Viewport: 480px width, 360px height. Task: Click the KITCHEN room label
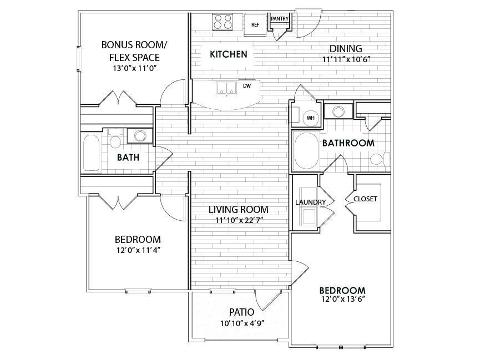[x=229, y=54]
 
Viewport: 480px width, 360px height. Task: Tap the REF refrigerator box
[x=255, y=24]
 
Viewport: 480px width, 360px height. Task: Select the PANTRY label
[x=280, y=19]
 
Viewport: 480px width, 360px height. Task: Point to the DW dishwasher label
[x=247, y=86]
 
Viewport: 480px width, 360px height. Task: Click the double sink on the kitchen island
[x=226, y=88]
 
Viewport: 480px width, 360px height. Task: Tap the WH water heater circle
[x=311, y=118]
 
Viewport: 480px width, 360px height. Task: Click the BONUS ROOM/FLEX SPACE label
[x=131, y=50]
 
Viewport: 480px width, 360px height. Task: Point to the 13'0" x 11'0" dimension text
[x=131, y=69]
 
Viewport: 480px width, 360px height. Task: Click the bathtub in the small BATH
[x=91, y=153]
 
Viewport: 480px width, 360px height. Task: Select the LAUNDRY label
[x=306, y=202]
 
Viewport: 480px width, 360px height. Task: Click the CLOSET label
[x=365, y=199]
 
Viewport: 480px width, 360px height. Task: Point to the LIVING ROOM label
[x=239, y=210]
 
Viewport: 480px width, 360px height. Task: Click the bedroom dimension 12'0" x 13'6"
[x=342, y=300]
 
